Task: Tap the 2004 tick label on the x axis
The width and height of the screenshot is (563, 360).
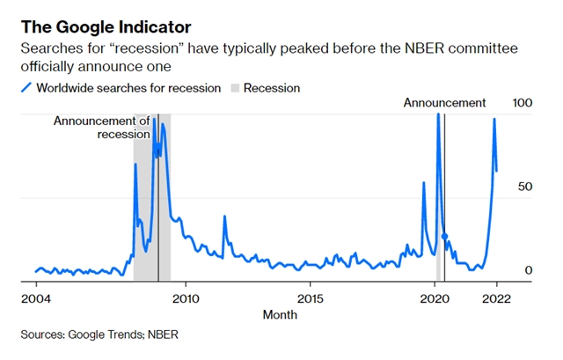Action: pos(36,298)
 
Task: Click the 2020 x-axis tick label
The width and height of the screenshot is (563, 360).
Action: pos(436,298)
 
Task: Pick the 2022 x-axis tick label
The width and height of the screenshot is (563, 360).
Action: pos(497,298)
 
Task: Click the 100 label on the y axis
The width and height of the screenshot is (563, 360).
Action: pos(523,104)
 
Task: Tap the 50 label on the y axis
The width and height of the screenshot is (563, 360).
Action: pos(526,187)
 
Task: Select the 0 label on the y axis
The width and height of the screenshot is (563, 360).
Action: pos(529,270)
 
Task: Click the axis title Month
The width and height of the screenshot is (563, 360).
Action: pos(280,314)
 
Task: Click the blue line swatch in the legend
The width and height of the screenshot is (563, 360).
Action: pos(26,88)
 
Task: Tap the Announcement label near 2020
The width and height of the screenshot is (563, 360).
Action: pos(444,103)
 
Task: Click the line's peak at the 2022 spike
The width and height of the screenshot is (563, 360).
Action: pos(494,119)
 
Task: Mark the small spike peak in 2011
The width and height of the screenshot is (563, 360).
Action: pos(224,217)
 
